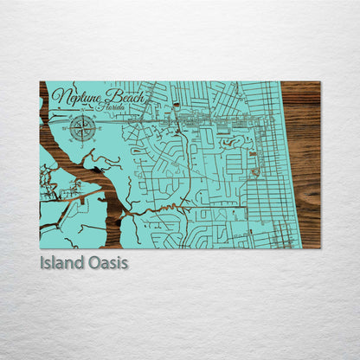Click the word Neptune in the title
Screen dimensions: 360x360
(74, 97)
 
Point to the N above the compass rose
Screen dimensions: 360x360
(84, 115)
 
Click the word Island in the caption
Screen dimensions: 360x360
(61, 262)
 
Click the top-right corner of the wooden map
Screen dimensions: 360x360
(319, 82)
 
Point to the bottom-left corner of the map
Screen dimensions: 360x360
(41, 247)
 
